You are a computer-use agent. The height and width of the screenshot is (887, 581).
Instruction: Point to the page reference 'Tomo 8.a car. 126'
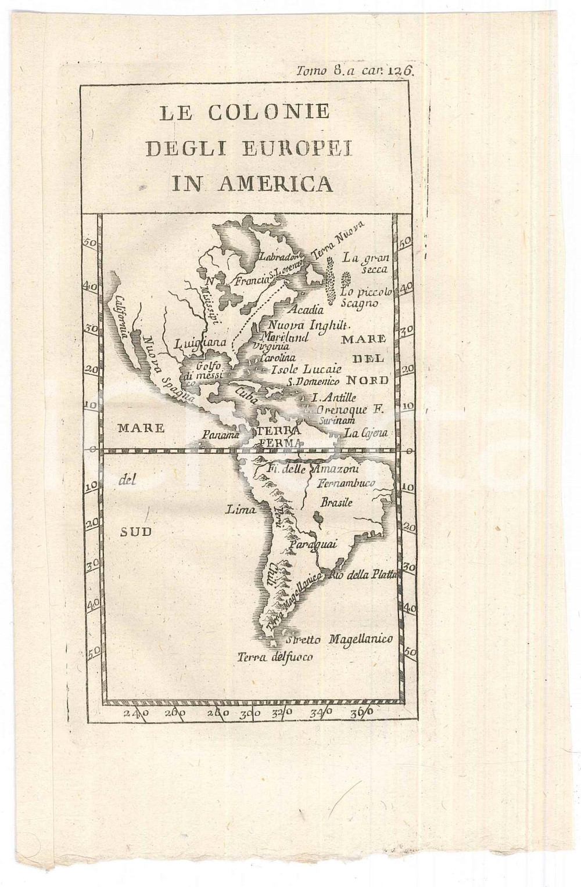pos(354,71)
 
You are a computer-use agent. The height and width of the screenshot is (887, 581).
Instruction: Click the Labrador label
pos(279,256)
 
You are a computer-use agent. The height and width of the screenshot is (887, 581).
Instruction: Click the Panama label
pos(221,434)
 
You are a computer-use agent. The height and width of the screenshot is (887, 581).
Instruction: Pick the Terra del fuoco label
pos(275,657)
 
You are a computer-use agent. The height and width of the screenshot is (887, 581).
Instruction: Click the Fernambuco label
pos(346,483)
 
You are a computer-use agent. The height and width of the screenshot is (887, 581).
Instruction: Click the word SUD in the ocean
pos(135,531)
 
